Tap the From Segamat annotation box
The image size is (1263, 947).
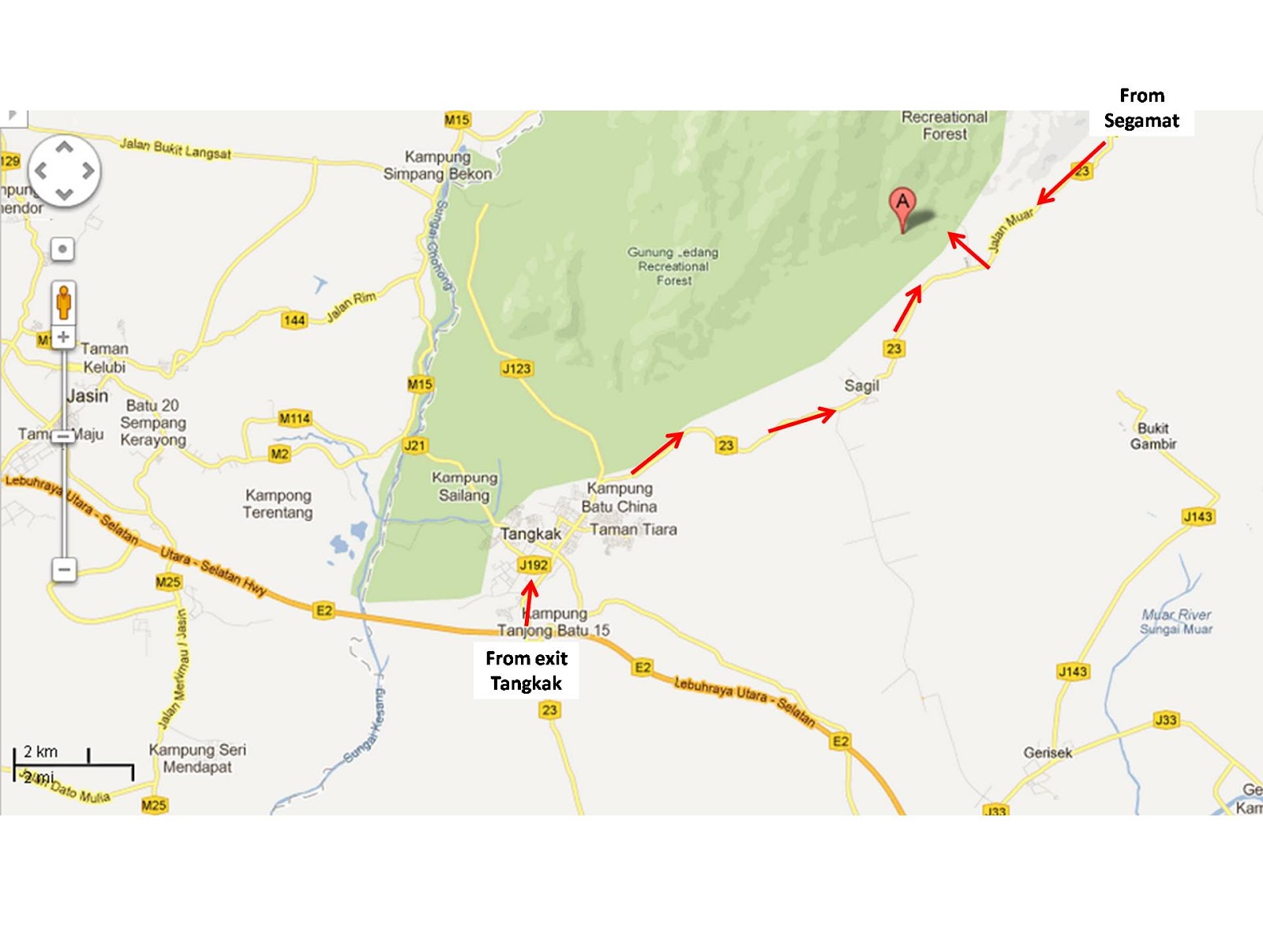pos(1141,109)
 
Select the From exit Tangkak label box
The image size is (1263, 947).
pos(527,671)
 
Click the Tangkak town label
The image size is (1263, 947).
pos(530,534)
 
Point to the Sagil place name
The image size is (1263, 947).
pos(861,386)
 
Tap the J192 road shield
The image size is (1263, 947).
pos(534,565)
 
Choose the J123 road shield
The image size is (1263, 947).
pos(516,369)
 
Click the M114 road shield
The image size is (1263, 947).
pos(294,418)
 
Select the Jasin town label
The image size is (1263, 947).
pos(88,396)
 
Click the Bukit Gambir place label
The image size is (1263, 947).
pos(1152,436)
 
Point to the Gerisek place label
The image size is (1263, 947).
pos(1048,753)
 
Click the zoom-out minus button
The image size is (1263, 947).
pos(65,569)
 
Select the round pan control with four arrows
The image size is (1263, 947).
pos(64,170)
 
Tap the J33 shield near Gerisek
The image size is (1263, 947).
pos(1165,720)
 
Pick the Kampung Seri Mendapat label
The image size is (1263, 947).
pos(197,758)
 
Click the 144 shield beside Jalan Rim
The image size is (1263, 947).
pos(294,320)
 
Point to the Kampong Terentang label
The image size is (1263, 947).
pos(277,503)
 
